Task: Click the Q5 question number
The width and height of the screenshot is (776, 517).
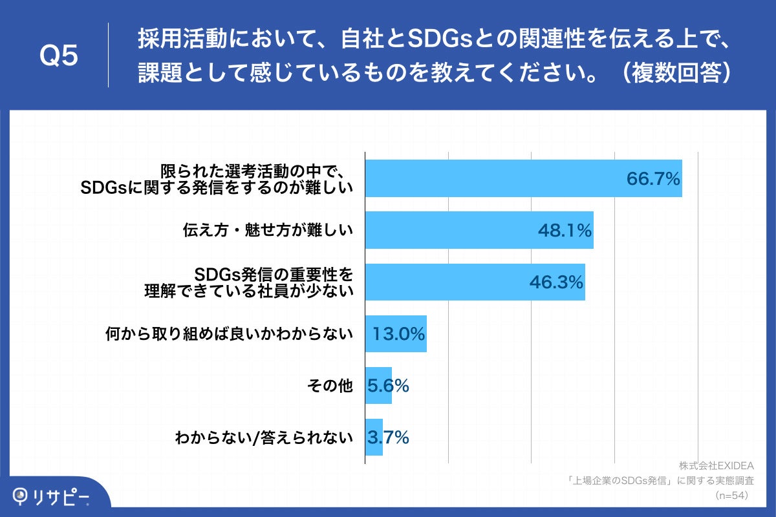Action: (x=59, y=56)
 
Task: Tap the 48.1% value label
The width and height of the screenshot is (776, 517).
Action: (x=565, y=230)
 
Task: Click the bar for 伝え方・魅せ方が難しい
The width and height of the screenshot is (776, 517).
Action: (x=453, y=230)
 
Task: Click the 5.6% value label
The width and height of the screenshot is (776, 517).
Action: (x=388, y=386)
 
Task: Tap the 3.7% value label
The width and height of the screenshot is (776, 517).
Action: (x=388, y=438)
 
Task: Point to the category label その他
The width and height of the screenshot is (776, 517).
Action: (x=330, y=386)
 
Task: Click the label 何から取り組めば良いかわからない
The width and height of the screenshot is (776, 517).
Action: (x=229, y=334)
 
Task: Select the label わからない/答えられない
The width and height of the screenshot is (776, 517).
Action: (x=264, y=438)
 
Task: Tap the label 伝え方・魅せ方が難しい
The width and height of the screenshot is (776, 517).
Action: (x=268, y=230)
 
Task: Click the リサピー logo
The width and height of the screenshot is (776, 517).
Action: (x=52, y=495)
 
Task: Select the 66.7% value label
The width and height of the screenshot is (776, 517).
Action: (x=653, y=178)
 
